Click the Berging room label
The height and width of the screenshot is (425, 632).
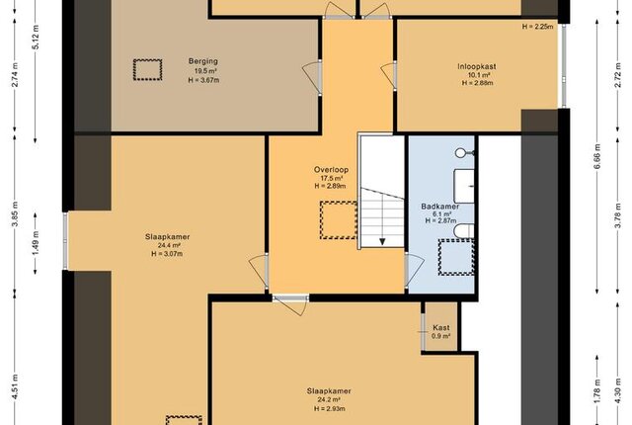(203, 61)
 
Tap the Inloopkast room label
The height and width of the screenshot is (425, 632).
(477, 66)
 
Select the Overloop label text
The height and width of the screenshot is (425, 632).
(332, 170)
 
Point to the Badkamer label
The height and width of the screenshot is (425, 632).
(440, 207)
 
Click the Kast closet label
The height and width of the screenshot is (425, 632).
(441, 328)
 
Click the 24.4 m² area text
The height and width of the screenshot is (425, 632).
(169, 245)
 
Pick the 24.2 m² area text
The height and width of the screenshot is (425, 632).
(329, 399)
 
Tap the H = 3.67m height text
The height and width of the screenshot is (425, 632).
(203, 80)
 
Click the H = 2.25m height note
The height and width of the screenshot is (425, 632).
(537, 27)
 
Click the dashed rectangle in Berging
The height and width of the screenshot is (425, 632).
(147, 70)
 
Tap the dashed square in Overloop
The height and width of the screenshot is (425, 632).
(338, 220)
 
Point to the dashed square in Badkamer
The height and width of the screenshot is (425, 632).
(456, 257)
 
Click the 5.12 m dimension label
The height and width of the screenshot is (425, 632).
(37, 38)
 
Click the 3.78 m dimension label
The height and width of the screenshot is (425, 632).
(617, 219)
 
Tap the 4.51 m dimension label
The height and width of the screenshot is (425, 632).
(16, 387)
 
